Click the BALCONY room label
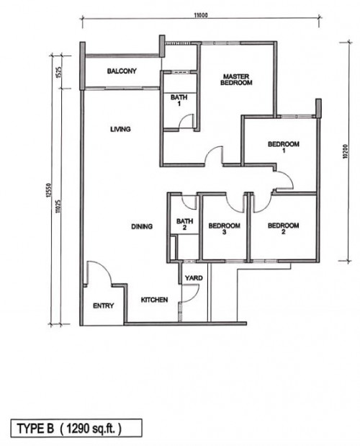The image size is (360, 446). [122, 71]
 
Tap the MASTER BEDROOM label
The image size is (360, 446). [236, 80]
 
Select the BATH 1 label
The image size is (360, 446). [179, 100]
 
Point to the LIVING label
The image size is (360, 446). [120, 129]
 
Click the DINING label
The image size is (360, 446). [142, 226]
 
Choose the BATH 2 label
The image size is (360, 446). [184, 224]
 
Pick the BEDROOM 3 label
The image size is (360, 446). [224, 228]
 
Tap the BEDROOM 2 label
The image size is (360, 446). [283, 228]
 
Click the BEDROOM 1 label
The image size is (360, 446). [284, 147]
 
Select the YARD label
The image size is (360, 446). [194, 278]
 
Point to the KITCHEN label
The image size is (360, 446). [154, 300]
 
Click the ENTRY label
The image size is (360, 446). [104, 305]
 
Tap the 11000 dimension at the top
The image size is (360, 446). [201, 15]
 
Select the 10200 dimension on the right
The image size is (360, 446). [345, 151]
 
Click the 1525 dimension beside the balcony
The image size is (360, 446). [58, 72]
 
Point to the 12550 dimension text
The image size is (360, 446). [48, 190]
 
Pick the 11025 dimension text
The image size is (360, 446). [58, 206]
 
